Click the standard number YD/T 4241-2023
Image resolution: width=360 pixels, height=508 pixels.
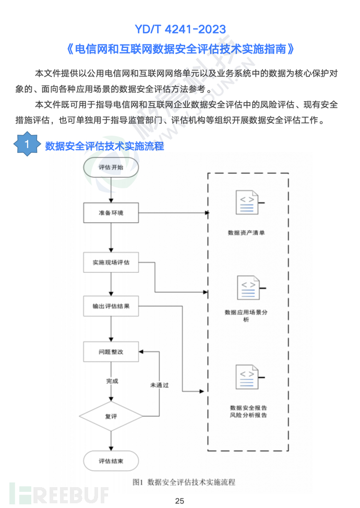click(180, 28)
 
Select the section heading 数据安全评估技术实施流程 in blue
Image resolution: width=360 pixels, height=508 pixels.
click(104, 146)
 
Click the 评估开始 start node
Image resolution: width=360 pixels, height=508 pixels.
click(111, 167)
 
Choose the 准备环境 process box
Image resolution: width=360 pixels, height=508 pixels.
click(111, 213)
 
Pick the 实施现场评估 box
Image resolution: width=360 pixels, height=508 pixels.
click(111, 263)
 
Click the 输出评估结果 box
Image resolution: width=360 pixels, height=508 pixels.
click(111, 307)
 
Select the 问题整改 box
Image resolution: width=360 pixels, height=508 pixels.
click(111, 352)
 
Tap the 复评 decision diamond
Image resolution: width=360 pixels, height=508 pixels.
click(111, 416)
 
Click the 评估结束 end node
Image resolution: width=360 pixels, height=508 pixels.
click(111, 461)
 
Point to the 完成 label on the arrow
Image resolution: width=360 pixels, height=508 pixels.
click(112, 381)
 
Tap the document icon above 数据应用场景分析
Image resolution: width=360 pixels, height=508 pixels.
click(248, 288)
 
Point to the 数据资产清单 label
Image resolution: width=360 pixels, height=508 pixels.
click(246, 233)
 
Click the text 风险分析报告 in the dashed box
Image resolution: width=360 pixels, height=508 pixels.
click(248, 415)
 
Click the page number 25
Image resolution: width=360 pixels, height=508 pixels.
click(179, 501)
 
